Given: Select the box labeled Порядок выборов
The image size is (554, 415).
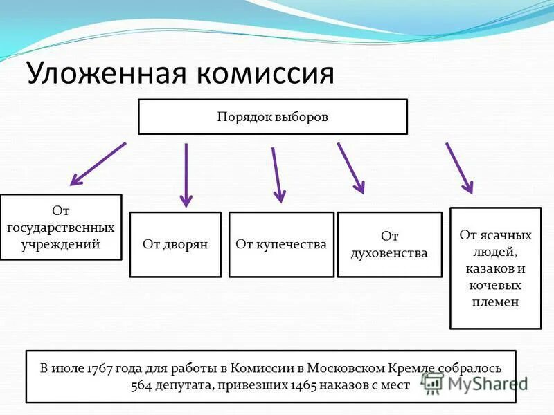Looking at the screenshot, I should coord(273,116).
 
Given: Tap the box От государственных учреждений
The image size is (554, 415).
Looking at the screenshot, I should coord(61,227).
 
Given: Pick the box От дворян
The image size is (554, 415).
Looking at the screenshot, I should coord(175,244).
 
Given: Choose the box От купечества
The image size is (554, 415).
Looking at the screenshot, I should coord(281,244).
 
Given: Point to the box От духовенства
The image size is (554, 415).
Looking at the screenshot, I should coord(389,244).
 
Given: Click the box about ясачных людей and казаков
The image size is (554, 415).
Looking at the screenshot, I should coord(495,268).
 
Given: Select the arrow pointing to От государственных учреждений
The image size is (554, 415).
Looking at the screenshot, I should coord(98,164).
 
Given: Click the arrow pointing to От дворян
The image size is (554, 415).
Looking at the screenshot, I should coord(186,175).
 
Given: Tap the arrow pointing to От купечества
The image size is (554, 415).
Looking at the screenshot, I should coord(276,174).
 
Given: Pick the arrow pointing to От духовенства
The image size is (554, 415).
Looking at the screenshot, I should coord(350,167).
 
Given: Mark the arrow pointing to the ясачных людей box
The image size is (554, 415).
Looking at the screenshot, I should coord(459,167).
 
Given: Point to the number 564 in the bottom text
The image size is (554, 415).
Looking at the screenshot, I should coord(142,385).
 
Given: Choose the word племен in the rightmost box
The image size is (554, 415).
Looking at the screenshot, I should coord(495,302).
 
